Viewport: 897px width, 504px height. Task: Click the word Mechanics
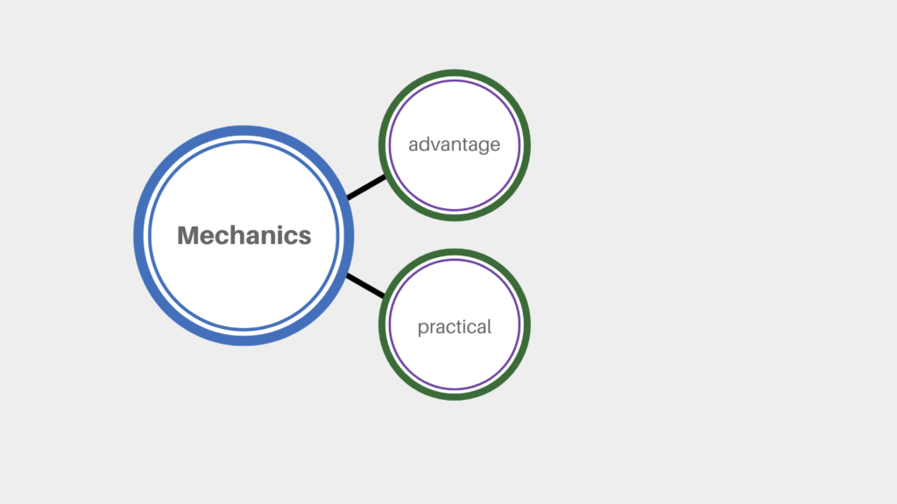(x=244, y=235)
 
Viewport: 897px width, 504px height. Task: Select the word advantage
(x=455, y=145)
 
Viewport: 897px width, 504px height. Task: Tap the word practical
(x=455, y=327)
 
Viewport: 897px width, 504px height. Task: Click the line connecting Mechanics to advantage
(x=366, y=187)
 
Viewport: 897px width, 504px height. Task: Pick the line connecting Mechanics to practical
(x=365, y=286)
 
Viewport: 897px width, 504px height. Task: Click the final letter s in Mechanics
(x=305, y=238)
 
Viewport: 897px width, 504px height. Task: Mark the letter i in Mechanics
(x=285, y=235)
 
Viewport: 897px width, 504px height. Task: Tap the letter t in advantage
(x=461, y=145)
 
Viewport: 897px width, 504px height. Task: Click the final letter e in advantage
(x=496, y=147)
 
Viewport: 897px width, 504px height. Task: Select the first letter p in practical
(x=423, y=329)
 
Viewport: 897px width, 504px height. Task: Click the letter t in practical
(x=467, y=327)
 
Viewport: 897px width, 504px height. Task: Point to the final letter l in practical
(x=490, y=326)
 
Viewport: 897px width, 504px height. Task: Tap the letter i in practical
(x=473, y=326)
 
